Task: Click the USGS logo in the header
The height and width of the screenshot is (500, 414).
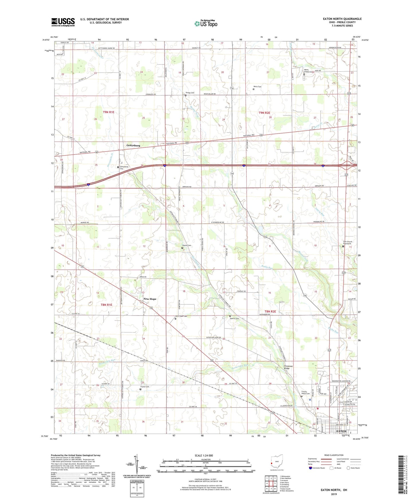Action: tap(63, 22)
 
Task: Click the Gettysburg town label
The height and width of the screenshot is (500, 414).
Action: tap(133, 145)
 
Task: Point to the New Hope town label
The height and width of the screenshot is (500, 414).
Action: tap(150, 299)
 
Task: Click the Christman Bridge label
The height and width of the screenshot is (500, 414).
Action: tap(288, 367)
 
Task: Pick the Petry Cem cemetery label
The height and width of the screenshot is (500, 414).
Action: tap(257, 86)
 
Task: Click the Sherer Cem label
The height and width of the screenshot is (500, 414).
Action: tap(187, 245)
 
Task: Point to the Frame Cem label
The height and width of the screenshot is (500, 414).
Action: tap(145, 387)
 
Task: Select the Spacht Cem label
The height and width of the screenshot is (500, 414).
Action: tap(234, 318)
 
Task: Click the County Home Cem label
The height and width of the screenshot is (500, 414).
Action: tap(305, 393)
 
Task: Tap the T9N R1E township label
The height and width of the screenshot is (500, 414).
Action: tap(109, 112)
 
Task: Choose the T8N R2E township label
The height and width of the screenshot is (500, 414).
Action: tap(270, 311)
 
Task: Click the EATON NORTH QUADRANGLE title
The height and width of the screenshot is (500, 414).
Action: tap(342, 19)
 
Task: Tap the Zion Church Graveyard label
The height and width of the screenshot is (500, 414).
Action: tap(348, 243)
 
